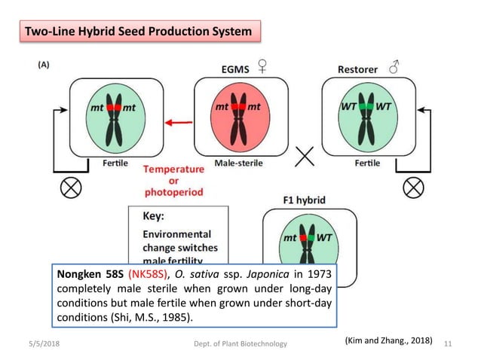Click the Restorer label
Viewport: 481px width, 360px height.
(356, 69)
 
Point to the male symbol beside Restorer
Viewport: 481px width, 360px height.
(394, 68)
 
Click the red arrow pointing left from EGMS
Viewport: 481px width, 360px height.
(178, 122)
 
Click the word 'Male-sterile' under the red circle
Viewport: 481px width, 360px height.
(238, 163)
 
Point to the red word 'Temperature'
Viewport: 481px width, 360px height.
(174, 169)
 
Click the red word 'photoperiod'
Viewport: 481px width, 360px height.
(173, 192)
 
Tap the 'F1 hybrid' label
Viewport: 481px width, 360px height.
(304, 200)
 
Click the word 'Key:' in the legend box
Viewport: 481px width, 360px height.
(154, 216)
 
